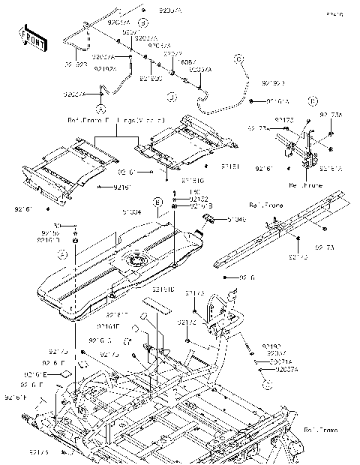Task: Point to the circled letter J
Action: pos(171,97)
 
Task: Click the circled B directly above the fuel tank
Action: pos(157,202)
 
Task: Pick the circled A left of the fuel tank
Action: pos(64,255)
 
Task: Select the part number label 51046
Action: pos(235,220)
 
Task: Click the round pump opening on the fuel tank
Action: pos(138,262)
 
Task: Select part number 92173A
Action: pos(330,115)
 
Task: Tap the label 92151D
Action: pos(163,289)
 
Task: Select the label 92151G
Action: pos(193,180)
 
